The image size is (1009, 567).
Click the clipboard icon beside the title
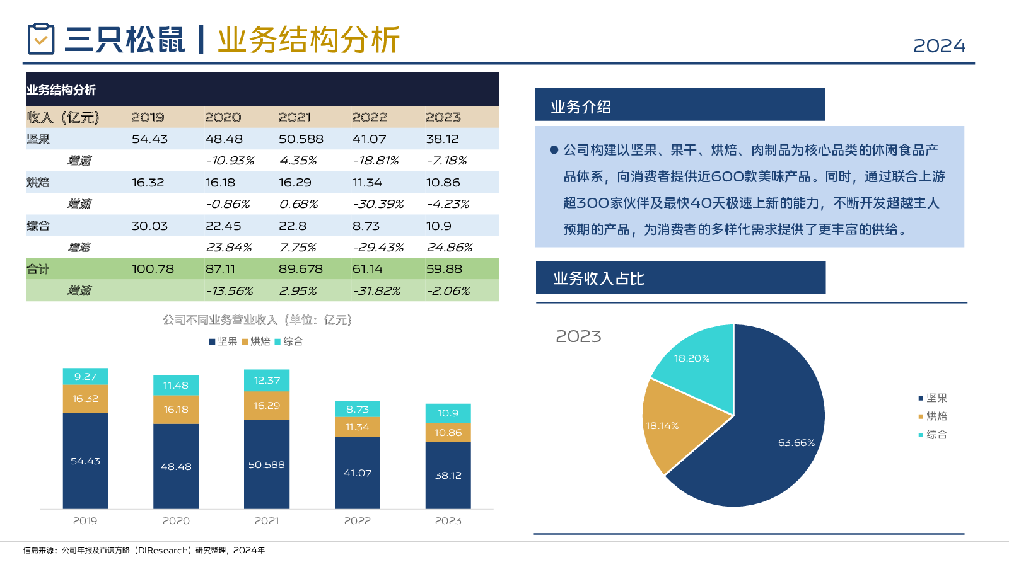[x=41, y=39]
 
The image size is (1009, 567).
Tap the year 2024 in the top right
[x=939, y=46]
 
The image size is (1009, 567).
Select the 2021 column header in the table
[x=295, y=117]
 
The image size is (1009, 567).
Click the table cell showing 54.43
[x=149, y=139]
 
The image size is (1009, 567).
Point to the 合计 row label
[x=38, y=269]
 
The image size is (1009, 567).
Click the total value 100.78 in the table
[x=153, y=269]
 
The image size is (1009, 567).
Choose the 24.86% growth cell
[x=450, y=248]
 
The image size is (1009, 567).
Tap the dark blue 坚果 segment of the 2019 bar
[x=85, y=461]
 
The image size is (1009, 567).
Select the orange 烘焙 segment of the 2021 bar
[x=267, y=406]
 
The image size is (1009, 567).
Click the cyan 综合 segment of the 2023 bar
[x=448, y=413]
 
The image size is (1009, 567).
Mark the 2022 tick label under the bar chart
[x=358, y=521]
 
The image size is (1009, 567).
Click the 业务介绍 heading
[x=581, y=107]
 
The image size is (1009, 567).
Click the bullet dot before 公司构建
[x=554, y=150]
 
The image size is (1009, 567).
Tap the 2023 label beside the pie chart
[x=578, y=336]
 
